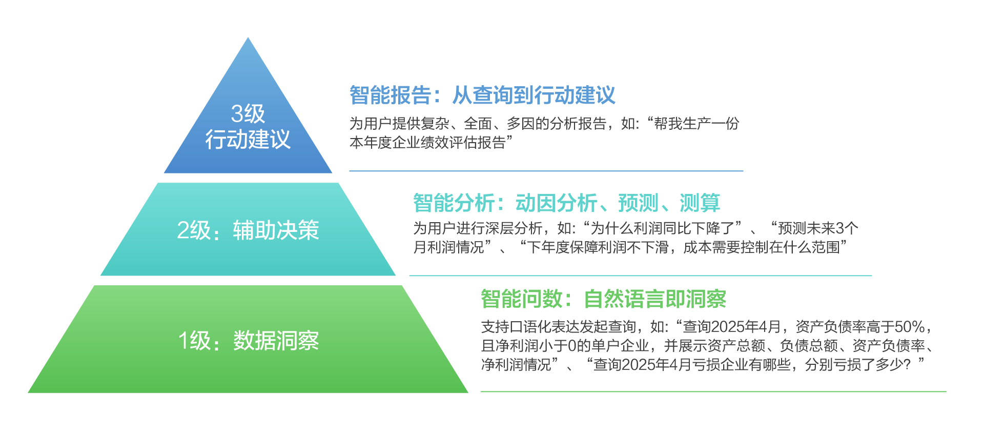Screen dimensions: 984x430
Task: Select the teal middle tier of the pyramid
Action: [248, 229]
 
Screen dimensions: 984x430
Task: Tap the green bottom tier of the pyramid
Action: [248, 339]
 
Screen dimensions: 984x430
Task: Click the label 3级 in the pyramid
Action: [248, 113]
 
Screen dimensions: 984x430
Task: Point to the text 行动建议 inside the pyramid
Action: [248, 139]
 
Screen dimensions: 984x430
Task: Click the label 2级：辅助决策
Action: [248, 230]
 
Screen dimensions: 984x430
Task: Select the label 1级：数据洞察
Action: [248, 341]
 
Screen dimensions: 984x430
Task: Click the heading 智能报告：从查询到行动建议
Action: [482, 95]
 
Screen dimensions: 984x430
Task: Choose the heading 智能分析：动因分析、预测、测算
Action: [567, 203]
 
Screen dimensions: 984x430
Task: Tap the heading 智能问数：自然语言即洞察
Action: [604, 299]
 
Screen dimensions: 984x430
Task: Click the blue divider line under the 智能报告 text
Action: [546, 171]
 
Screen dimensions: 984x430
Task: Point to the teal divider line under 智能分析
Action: [641, 276]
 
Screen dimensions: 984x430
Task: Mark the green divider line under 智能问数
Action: [713, 392]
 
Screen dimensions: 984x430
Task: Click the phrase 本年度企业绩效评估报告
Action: [427, 142]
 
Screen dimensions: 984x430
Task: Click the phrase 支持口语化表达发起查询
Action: [559, 327]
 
